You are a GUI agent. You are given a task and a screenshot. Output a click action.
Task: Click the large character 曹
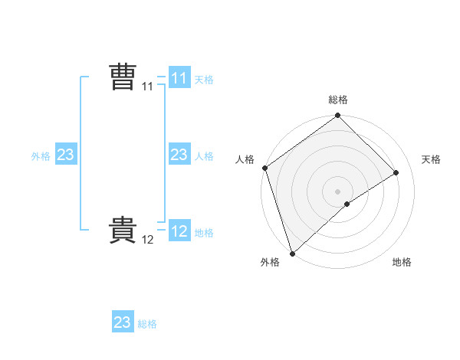123,78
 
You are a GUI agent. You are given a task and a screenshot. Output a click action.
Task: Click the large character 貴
123,231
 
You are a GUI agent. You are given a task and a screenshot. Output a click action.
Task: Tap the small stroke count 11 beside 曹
148,87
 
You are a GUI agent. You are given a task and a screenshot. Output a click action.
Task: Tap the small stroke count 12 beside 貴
148,240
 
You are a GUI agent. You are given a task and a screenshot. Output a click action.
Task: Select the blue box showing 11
179,78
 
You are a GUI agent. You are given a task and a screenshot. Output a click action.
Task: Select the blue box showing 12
179,231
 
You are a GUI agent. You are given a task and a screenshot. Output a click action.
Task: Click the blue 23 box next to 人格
179,155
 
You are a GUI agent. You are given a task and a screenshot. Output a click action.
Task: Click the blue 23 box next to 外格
66,155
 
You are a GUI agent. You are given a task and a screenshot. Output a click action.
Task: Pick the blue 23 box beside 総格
123,322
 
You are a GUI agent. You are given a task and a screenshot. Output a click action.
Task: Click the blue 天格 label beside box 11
204,80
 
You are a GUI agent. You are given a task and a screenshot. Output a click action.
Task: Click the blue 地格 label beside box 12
204,233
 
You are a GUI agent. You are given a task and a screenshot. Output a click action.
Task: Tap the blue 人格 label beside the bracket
204,156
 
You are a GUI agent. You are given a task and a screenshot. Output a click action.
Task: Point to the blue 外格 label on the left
41,156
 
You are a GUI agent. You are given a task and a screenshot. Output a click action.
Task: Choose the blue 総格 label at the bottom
147,324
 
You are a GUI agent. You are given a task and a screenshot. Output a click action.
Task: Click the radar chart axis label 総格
338,100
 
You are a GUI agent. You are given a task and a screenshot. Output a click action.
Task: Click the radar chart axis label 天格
432,159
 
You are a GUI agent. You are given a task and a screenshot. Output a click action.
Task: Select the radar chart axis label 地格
402,262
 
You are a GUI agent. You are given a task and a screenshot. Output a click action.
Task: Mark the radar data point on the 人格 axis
264,168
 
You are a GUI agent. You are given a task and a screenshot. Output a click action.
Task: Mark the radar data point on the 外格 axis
292,253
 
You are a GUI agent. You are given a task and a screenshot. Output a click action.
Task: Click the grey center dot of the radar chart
337,191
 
